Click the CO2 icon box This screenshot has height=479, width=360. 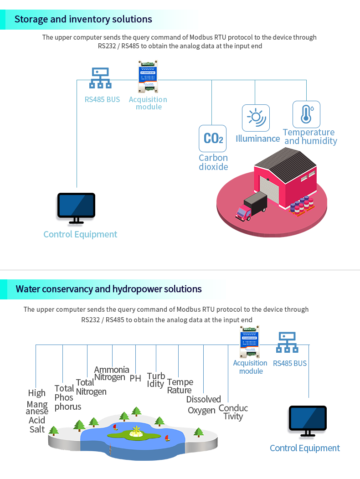tap(212, 138)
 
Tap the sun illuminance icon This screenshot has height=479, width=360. tap(255, 118)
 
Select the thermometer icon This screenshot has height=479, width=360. tap(306, 114)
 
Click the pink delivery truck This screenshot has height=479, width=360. tap(250, 207)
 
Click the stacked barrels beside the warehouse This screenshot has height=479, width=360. tap(302, 205)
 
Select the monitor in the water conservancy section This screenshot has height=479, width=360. tap(308, 420)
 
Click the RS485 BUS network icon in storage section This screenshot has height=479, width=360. tap(100, 78)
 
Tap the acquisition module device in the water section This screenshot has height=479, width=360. tap(249, 342)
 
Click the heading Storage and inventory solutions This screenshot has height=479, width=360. tap(83, 19)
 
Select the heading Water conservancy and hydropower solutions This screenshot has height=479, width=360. tap(108, 289)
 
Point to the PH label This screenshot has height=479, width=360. tap(135, 378)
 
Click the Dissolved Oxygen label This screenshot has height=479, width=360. tap(203, 405)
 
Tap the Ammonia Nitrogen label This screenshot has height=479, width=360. tap(111, 373)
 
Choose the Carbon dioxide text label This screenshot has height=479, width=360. tap(213, 162)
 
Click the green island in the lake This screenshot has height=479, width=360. tap(134, 435)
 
